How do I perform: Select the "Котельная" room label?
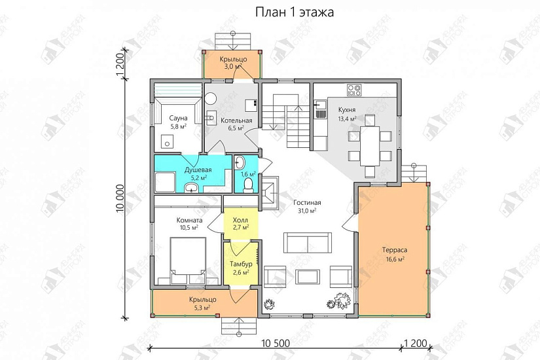[x=236, y=120]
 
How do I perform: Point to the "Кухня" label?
[x=347, y=110]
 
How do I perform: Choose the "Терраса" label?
[x=395, y=251]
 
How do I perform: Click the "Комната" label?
[x=189, y=220]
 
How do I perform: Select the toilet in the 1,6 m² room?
[x=247, y=187]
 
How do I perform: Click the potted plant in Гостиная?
[x=340, y=300]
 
